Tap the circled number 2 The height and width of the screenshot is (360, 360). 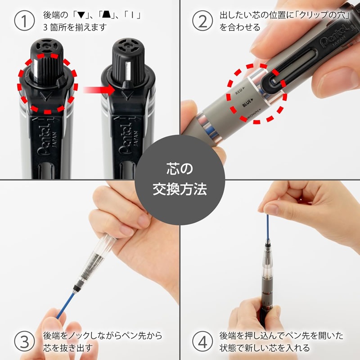coord(202,21)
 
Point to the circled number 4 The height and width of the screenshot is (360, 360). coord(202,342)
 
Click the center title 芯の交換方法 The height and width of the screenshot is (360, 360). coord(180,180)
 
